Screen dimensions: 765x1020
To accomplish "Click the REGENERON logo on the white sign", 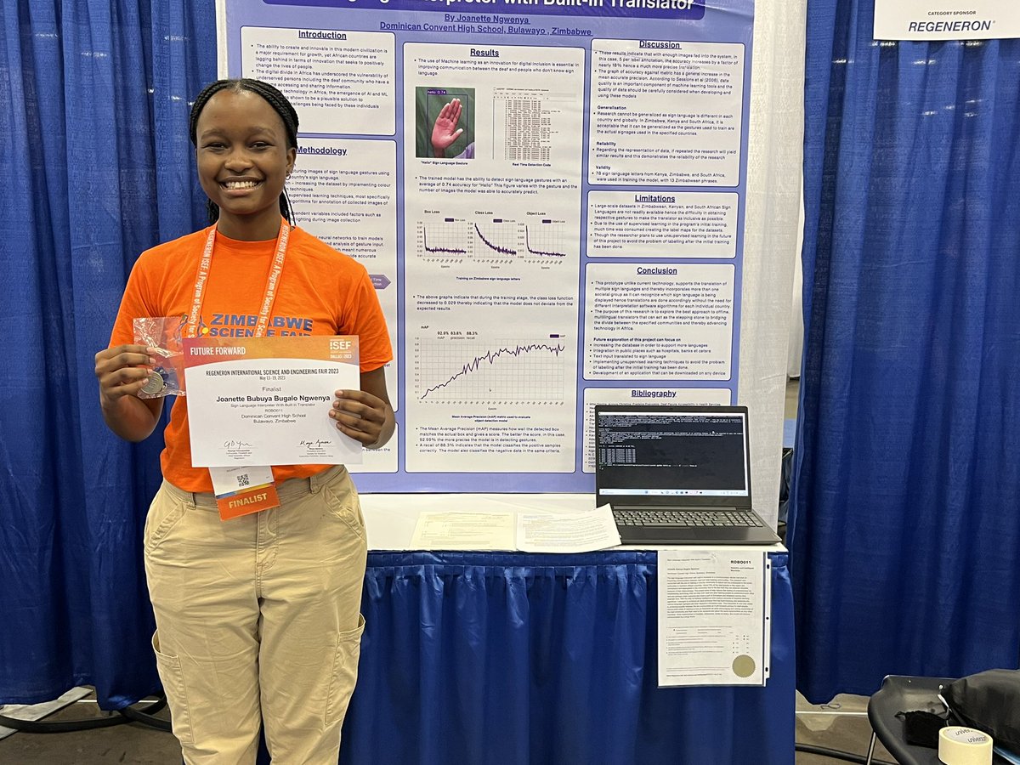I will tap(950, 26).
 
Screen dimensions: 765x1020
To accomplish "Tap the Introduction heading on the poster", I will tap(322, 35).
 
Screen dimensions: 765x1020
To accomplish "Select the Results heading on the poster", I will tap(484, 53).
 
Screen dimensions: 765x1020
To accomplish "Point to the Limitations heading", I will tap(655, 198).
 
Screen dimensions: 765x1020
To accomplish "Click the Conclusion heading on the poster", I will tap(657, 270).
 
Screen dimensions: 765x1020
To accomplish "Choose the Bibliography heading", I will tap(654, 394).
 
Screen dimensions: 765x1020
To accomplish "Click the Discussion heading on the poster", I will tap(660, 44).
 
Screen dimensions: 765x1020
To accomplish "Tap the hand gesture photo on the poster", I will tap(445, 124).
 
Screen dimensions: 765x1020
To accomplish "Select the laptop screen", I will tap(671, 451).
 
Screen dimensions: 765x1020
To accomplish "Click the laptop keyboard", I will tap(687, 518).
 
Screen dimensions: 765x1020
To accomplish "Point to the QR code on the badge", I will tap(242, 479).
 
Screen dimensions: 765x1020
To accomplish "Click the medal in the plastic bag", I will tap(154, 382).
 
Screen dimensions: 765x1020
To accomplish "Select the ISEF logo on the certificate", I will tap(340, 346).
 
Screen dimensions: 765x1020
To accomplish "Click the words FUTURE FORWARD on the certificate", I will tap(218, 350).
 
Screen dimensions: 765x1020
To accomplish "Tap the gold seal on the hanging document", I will tap(744, 666).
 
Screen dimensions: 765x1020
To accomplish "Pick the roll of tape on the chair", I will tap(965, 745).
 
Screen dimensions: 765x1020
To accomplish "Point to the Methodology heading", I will tap(321, 150).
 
